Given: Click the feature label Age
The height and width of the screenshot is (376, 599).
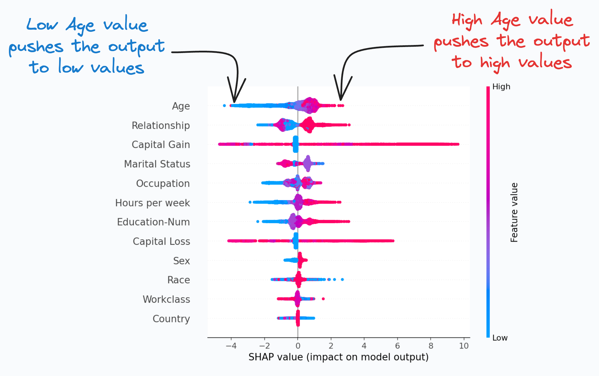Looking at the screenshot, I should [x=181, y=106].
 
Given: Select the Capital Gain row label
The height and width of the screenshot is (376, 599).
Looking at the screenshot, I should [x=161, y=145].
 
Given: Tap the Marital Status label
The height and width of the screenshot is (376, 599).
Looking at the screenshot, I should [x=157, y=164].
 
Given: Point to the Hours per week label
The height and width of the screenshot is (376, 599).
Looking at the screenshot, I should [x=152, y=203].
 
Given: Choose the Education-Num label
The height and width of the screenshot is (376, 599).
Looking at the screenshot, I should [x=153, y=222].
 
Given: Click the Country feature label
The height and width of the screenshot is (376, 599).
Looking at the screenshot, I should [x=171, y=319].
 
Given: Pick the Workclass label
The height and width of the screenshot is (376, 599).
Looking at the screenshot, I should [x=166, y=299].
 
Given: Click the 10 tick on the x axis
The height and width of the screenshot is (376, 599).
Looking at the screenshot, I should [x=464, y=346].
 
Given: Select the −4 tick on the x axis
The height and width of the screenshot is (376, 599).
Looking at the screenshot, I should [x=231, y=346].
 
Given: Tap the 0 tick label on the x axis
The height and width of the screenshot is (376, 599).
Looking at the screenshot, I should [x=298, y=346].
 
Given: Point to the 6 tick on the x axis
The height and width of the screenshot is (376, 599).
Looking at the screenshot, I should [x=397, y=346].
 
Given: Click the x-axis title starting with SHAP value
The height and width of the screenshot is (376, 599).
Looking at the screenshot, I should [x=338, y=357].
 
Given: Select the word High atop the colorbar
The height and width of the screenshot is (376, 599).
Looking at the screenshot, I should [x=501, y=87].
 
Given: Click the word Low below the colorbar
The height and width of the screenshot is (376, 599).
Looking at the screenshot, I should [x=500, y=338].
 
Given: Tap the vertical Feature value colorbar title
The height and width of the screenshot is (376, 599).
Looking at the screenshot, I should [x=514, y=212].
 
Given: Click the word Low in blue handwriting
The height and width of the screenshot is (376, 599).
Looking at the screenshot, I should [x=42, y=25].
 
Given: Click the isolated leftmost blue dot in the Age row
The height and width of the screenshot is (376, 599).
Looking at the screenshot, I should [x=224, y=106].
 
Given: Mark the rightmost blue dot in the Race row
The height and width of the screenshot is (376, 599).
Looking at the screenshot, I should [x=342, y=279].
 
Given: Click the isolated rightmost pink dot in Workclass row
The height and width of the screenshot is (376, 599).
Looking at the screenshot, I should [x=323, y=299].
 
